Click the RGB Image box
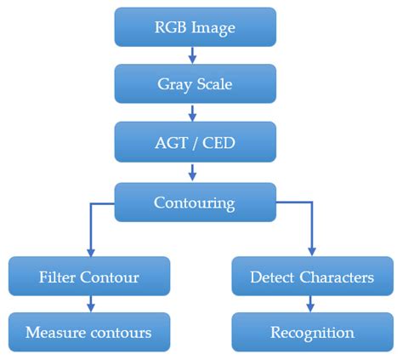pyautogui.click(x=196, y=27)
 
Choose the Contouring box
pyautogui.click(x=196, y=203)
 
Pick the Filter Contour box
pyautogui.click(x=89, y=277)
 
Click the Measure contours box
pyautogui.click(x=89, y=331)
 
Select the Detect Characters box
pyautogui.click(x=312, y=277)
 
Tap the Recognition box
pyautogui.click(x=312, y=331)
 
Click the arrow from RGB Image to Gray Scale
pyautogui.click(x=193, y=55)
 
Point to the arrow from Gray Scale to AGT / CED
pyautogui.click(x=193, y=111)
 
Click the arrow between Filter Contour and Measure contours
pyautogui.click(x=90, y=304)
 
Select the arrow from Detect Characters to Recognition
pyautogui.click(x=311, y=304)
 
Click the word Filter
pyautogui.click(x=57, y=277)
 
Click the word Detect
pyautogui.click(x=272, y=277)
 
